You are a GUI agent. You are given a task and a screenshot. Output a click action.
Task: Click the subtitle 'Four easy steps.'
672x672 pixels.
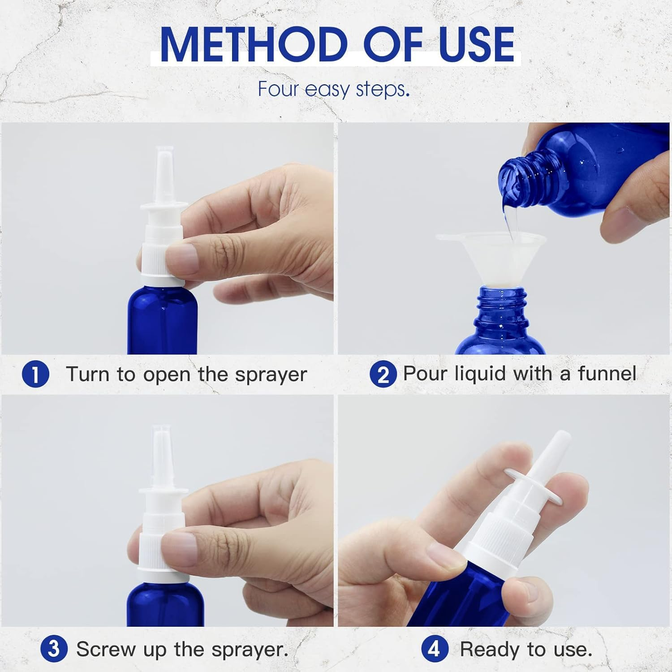coord(334,89)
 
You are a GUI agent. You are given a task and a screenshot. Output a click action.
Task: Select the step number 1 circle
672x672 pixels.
coord(35,375)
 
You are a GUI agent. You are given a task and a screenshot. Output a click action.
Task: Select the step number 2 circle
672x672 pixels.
coord(383,375)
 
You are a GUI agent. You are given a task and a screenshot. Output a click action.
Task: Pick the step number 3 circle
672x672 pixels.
coord(54,649)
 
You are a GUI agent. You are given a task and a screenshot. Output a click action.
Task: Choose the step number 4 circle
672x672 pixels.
coord(435,649)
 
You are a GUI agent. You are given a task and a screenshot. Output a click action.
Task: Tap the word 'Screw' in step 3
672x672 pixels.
coord(106,649)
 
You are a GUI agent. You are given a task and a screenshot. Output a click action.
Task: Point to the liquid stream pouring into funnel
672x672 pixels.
coord(511,220)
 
